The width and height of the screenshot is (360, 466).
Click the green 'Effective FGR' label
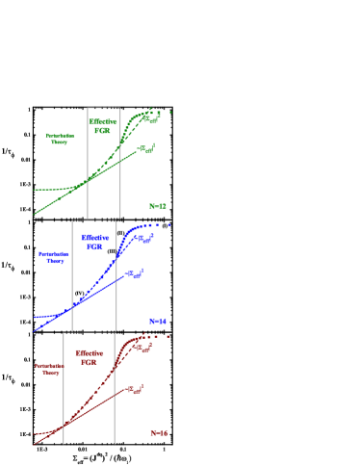103,126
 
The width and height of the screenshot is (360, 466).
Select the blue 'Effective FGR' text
94,241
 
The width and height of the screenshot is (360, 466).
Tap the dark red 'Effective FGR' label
89,357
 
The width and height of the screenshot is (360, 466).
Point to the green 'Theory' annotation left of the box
60,139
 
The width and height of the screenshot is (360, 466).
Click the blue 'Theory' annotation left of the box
53,257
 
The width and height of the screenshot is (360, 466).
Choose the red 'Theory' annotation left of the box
49,369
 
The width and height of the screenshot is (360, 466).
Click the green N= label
158,206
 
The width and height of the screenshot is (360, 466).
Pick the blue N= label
159,321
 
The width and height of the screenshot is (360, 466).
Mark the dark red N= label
159,433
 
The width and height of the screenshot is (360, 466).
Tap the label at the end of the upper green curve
155,115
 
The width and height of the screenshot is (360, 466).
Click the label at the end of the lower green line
147,149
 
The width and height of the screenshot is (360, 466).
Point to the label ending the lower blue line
137,275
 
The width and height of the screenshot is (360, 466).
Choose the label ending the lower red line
137,390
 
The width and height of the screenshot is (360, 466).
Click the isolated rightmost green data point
170,113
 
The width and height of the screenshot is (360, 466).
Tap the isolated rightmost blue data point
169,225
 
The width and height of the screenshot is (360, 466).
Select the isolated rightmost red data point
167,337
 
